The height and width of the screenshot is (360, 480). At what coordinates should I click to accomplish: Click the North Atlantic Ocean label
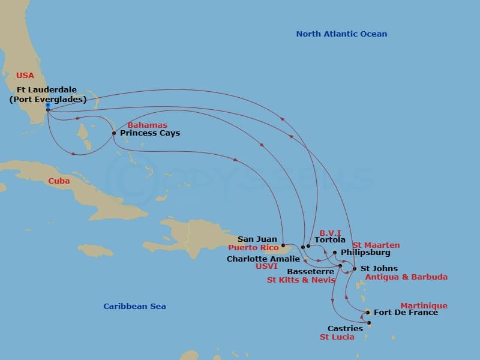click(x=341, y=34)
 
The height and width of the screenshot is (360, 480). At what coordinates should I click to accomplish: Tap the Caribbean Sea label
click(x=134, y=307)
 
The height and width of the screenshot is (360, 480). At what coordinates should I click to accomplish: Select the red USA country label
click(x=25, y=76)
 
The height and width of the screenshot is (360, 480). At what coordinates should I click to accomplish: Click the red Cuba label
click(x=59, y=181)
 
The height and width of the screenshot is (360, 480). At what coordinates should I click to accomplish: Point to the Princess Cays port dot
click(x=114, y=133)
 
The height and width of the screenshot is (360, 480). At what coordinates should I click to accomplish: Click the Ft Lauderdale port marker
click(x=47, y=110)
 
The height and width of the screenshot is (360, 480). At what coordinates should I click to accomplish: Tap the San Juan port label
click(x=257, y=239)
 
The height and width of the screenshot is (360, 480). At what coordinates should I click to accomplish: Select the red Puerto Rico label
click(x=253, y=247)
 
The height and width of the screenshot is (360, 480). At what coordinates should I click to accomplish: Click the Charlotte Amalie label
click(x=263, y=259)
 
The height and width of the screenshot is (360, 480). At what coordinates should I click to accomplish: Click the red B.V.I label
click(x=330, y=232)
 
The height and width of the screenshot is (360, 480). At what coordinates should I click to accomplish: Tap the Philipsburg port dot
click(x=335, y=253)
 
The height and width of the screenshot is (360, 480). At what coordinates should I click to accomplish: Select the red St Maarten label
click(x=376, y=245)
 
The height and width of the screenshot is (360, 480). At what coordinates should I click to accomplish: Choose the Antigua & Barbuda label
click(x=406, y=277)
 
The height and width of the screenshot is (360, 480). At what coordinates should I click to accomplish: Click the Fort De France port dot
click(x=368, y=312)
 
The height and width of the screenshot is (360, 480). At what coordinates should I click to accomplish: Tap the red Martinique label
click(x=424, y=305)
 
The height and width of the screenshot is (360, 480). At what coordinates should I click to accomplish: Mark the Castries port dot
click(x=369, y=323)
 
